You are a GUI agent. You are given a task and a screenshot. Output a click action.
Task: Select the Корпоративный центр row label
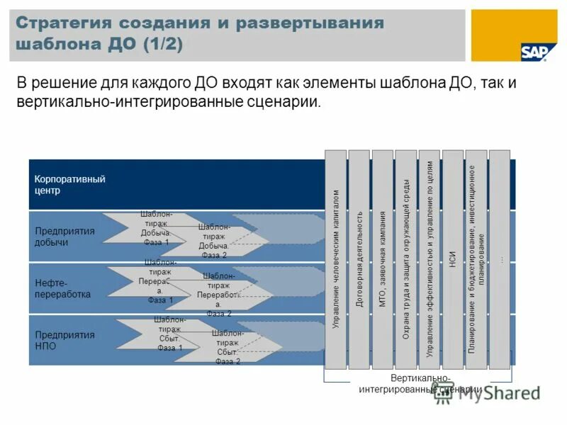click(69, 184)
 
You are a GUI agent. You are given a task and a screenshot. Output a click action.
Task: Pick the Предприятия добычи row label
click(64, 237)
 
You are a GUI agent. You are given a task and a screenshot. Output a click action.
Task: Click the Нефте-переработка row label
click(63, 288)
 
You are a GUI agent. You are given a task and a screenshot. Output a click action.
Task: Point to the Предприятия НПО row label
click(64, 340)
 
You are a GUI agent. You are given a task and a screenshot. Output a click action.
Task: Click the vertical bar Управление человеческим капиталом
click(336, 259)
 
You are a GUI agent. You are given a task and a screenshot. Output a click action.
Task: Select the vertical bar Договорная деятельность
click(359, 259)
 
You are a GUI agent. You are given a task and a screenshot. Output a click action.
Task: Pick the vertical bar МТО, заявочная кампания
click(383, 259)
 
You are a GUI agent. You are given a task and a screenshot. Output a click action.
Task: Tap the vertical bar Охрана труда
click(406, 259)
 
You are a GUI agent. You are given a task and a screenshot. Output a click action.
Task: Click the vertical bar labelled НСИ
click(452, 259)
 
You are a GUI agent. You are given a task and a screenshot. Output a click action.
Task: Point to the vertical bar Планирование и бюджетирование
click(476, 259)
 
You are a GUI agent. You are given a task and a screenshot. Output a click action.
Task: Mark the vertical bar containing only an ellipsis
click(500, 259)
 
